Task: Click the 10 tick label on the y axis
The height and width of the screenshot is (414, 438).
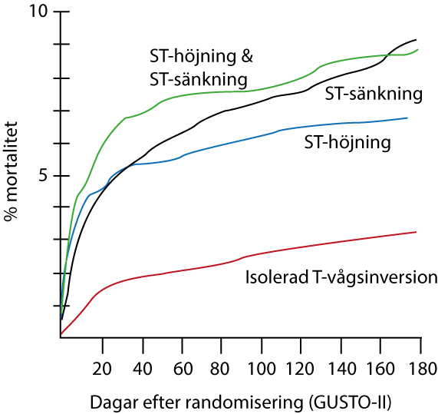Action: tap(39, 12)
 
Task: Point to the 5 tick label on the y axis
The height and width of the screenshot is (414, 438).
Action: tap(43, 176)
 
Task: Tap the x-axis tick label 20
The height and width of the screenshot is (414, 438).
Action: tap(102, 369)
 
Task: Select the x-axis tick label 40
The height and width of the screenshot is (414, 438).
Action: tap(142, 369)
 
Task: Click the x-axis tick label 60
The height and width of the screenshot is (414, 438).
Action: tap(183, 369)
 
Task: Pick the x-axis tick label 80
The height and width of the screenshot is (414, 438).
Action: tap(219, 369)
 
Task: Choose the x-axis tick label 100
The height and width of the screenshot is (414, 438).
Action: tap(262, 369)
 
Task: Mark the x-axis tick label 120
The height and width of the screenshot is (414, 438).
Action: tap(300, 369)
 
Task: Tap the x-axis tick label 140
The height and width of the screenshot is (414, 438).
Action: tap(342, 369)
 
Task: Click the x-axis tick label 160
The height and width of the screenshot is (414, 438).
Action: tap(381, 369)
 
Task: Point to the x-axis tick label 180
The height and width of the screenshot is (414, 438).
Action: tap(422, 369)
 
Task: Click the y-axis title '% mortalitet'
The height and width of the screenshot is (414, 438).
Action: tap(11, 171)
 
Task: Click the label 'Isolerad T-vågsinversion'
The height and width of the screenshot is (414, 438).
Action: tap(341, 277)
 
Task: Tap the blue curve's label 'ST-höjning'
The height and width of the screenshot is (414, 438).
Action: tap(347, 142)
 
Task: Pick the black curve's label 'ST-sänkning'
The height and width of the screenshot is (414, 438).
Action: tap(374, 94)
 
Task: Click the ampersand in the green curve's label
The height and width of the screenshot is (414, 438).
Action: tap(246, 56)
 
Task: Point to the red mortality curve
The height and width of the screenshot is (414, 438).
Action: tap(238, 260)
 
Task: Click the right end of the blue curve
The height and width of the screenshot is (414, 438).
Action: tap(407, 118)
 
